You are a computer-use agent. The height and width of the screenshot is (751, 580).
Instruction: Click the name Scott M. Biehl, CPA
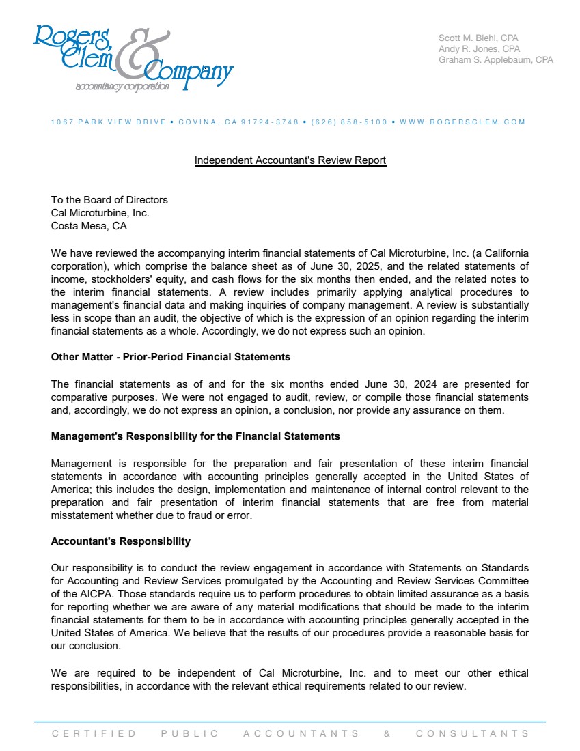point(479,38)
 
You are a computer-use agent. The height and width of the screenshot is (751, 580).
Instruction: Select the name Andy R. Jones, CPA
point(479,48)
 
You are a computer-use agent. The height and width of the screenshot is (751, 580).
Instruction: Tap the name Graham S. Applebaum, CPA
point(495,59)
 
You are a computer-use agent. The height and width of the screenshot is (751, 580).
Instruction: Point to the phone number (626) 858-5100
point(349,122)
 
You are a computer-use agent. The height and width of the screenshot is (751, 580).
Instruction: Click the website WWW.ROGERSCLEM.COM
point(462,122)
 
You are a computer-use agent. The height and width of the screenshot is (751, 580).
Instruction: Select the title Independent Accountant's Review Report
point(290,160)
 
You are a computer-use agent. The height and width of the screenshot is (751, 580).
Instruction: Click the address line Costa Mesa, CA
point(89,226)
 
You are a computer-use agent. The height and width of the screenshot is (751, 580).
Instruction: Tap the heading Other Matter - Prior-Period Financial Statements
point(171,357)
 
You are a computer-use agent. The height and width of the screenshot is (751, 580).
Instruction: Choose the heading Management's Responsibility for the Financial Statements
point(195,436)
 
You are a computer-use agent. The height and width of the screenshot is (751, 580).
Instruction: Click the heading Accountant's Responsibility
point(121,541)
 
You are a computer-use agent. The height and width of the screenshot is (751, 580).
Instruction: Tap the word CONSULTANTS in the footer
point(472,733)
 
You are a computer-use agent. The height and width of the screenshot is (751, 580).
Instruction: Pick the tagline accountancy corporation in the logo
point(122,87)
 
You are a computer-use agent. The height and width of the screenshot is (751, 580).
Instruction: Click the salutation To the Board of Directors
point(109,200)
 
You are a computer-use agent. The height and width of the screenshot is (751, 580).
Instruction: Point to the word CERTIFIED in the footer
point(94,733)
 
